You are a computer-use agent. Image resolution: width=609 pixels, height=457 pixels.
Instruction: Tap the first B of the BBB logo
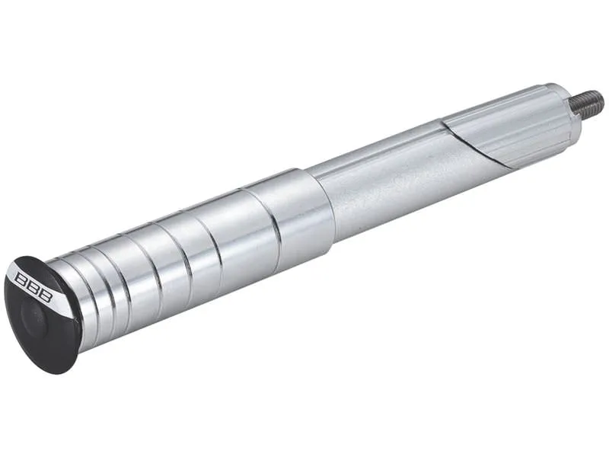[21, 279]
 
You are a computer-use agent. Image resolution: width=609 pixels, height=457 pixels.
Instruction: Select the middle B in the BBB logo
[33, 288]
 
